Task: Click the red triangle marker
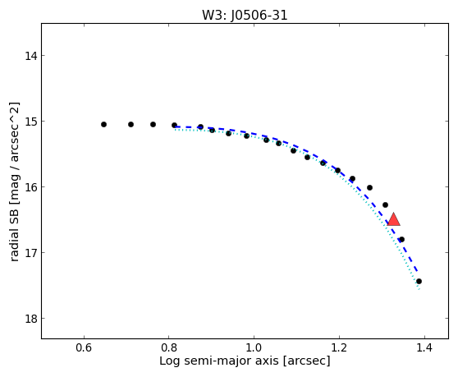[x=393, y=220]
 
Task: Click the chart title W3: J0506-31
[x=245, y=16]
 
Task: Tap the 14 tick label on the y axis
[x=30, y=56]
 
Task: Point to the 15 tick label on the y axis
[x=30, y=122]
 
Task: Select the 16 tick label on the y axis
[x=30, y=187]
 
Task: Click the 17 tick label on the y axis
[x=30, y=253]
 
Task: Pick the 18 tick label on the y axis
[x=30, y=319]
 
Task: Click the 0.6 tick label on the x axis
[x=84, y=347]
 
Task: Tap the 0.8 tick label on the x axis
[x=169, y=347]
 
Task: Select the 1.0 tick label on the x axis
[x=254, y=347]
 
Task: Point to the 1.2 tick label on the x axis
[x=339, y=347]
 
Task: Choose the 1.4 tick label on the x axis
[x=424, y=347]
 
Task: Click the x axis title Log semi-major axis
[x=219, y=361]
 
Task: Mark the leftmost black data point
[x=103, y=125]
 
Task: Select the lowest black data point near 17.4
[x=419, y=282]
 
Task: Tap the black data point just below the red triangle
[x=401, y=239]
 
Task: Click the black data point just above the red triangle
[x=385, y=205]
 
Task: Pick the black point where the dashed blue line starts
[x=174, y=125]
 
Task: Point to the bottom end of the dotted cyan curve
[x=419, y=289]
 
